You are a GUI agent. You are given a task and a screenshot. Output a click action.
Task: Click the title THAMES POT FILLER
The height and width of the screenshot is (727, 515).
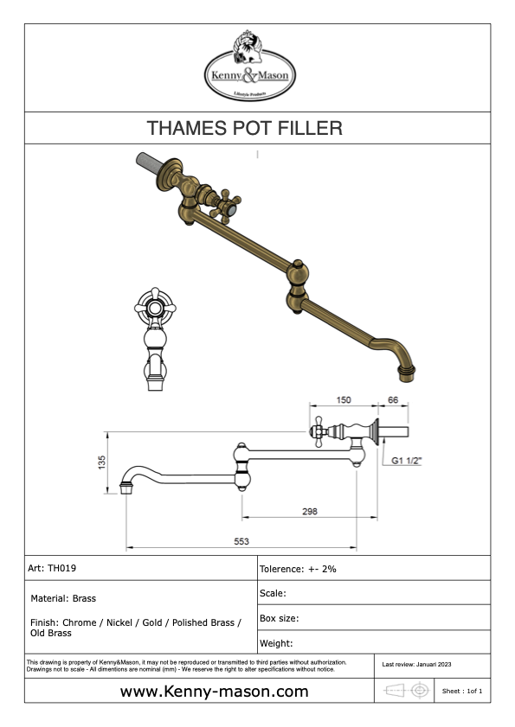click(x=245, y=128)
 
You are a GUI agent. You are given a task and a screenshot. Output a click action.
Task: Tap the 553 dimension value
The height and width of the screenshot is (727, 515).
click(x=241, y=541)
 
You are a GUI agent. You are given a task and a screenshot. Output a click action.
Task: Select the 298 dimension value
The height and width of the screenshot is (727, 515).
click(x=310, y=511)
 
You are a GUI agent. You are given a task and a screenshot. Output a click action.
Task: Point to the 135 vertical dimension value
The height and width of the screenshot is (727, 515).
click(x=102, y=462)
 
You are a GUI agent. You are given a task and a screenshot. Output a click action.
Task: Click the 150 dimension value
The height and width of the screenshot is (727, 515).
click(x=344, y=399)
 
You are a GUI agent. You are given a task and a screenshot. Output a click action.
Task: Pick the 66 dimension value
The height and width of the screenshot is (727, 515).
click(x=393, y=399)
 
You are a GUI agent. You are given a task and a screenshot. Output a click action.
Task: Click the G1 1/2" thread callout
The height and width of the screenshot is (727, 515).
click(x=406, y=461)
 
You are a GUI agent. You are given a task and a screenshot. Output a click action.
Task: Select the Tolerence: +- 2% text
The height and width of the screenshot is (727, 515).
click(x=298, y=569)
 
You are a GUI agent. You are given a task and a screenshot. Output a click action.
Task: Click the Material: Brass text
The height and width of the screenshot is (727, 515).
click(x=63, y=598)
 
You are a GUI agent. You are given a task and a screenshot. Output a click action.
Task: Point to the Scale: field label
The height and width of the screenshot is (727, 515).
click(x=273, y=593)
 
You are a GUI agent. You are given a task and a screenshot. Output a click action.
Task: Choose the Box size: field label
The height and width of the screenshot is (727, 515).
click(x=279, y=618)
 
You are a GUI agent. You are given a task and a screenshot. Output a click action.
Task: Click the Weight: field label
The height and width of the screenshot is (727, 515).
click(x=276, y=643)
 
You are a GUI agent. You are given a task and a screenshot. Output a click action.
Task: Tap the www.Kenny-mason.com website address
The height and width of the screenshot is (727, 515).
click(x=214, y=692)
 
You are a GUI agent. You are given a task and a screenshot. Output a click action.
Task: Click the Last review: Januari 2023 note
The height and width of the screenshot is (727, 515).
click(x=416, y=665)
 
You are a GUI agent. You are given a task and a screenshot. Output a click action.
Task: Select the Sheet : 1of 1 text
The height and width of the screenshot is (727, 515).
click(x=462, y=691)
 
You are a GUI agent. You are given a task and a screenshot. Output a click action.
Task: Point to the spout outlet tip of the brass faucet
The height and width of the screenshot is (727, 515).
click(x=407, y=373)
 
